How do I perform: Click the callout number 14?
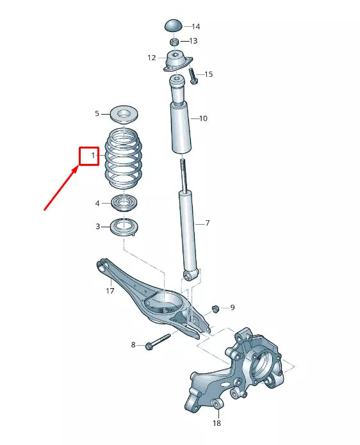coord(195,27)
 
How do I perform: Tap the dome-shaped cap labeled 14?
coord(174,26)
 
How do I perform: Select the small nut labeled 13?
coord(174,42)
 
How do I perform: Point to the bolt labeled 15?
coord(193,78)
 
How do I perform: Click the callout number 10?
coord(203,118)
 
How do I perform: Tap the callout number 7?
coord(207,223)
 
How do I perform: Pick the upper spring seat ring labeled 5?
coord(123,115)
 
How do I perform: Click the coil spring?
coord(123,159)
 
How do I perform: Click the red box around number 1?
coord(89,156)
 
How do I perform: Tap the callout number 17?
coord(110,291)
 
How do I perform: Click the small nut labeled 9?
coord(217,309)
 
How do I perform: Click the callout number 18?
coord(216,424)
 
